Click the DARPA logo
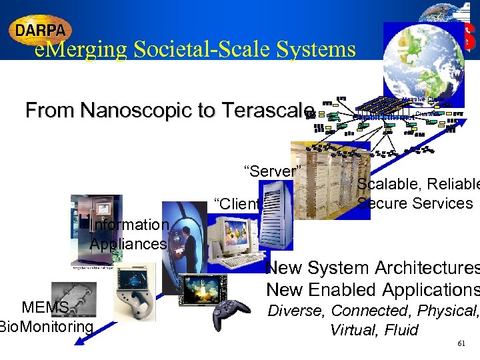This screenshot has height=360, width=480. point(40,30)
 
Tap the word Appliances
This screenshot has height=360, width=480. point(128,244)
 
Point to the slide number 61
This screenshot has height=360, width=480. point(461,343)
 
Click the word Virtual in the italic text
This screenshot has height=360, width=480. point(353,330)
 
